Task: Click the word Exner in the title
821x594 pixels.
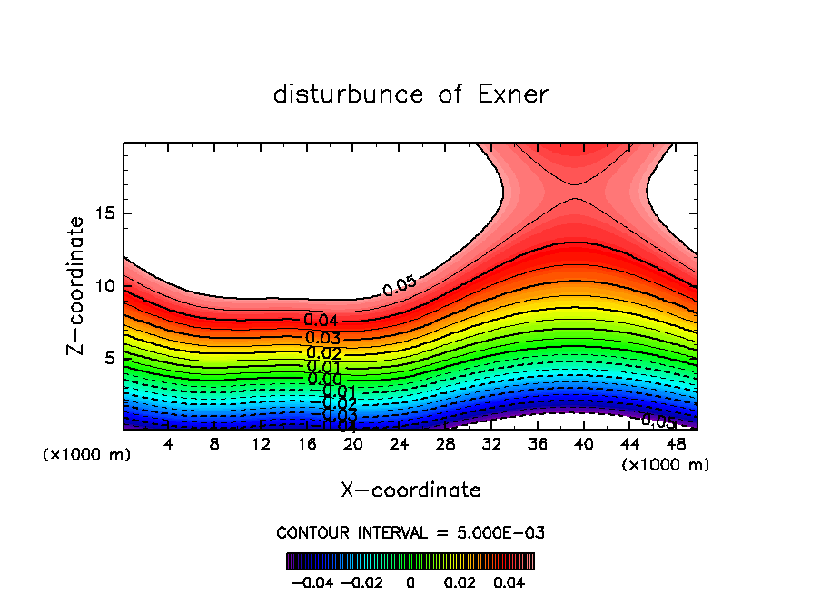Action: point(513,94)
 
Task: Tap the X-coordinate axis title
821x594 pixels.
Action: point(410,490)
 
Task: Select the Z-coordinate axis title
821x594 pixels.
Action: point(77,285)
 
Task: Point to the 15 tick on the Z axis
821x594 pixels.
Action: point(105,214)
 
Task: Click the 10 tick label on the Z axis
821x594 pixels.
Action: point(105,286)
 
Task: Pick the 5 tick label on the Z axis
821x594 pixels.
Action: point(110,358)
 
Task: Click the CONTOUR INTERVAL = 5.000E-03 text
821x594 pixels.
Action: point(410,532)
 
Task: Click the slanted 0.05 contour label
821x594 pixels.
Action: point(400,286)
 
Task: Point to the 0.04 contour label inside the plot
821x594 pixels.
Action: point(321,321)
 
